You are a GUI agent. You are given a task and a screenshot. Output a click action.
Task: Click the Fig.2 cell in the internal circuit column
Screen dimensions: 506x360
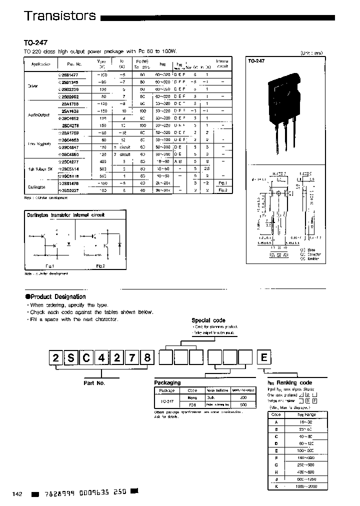tap(222, 190)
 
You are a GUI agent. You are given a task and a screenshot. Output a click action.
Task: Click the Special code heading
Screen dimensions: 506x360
tap(208, 320)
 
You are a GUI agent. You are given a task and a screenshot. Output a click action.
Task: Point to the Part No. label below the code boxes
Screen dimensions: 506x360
tap(93, 382)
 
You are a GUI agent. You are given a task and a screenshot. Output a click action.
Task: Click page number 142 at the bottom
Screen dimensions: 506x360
tap(17, 493)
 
